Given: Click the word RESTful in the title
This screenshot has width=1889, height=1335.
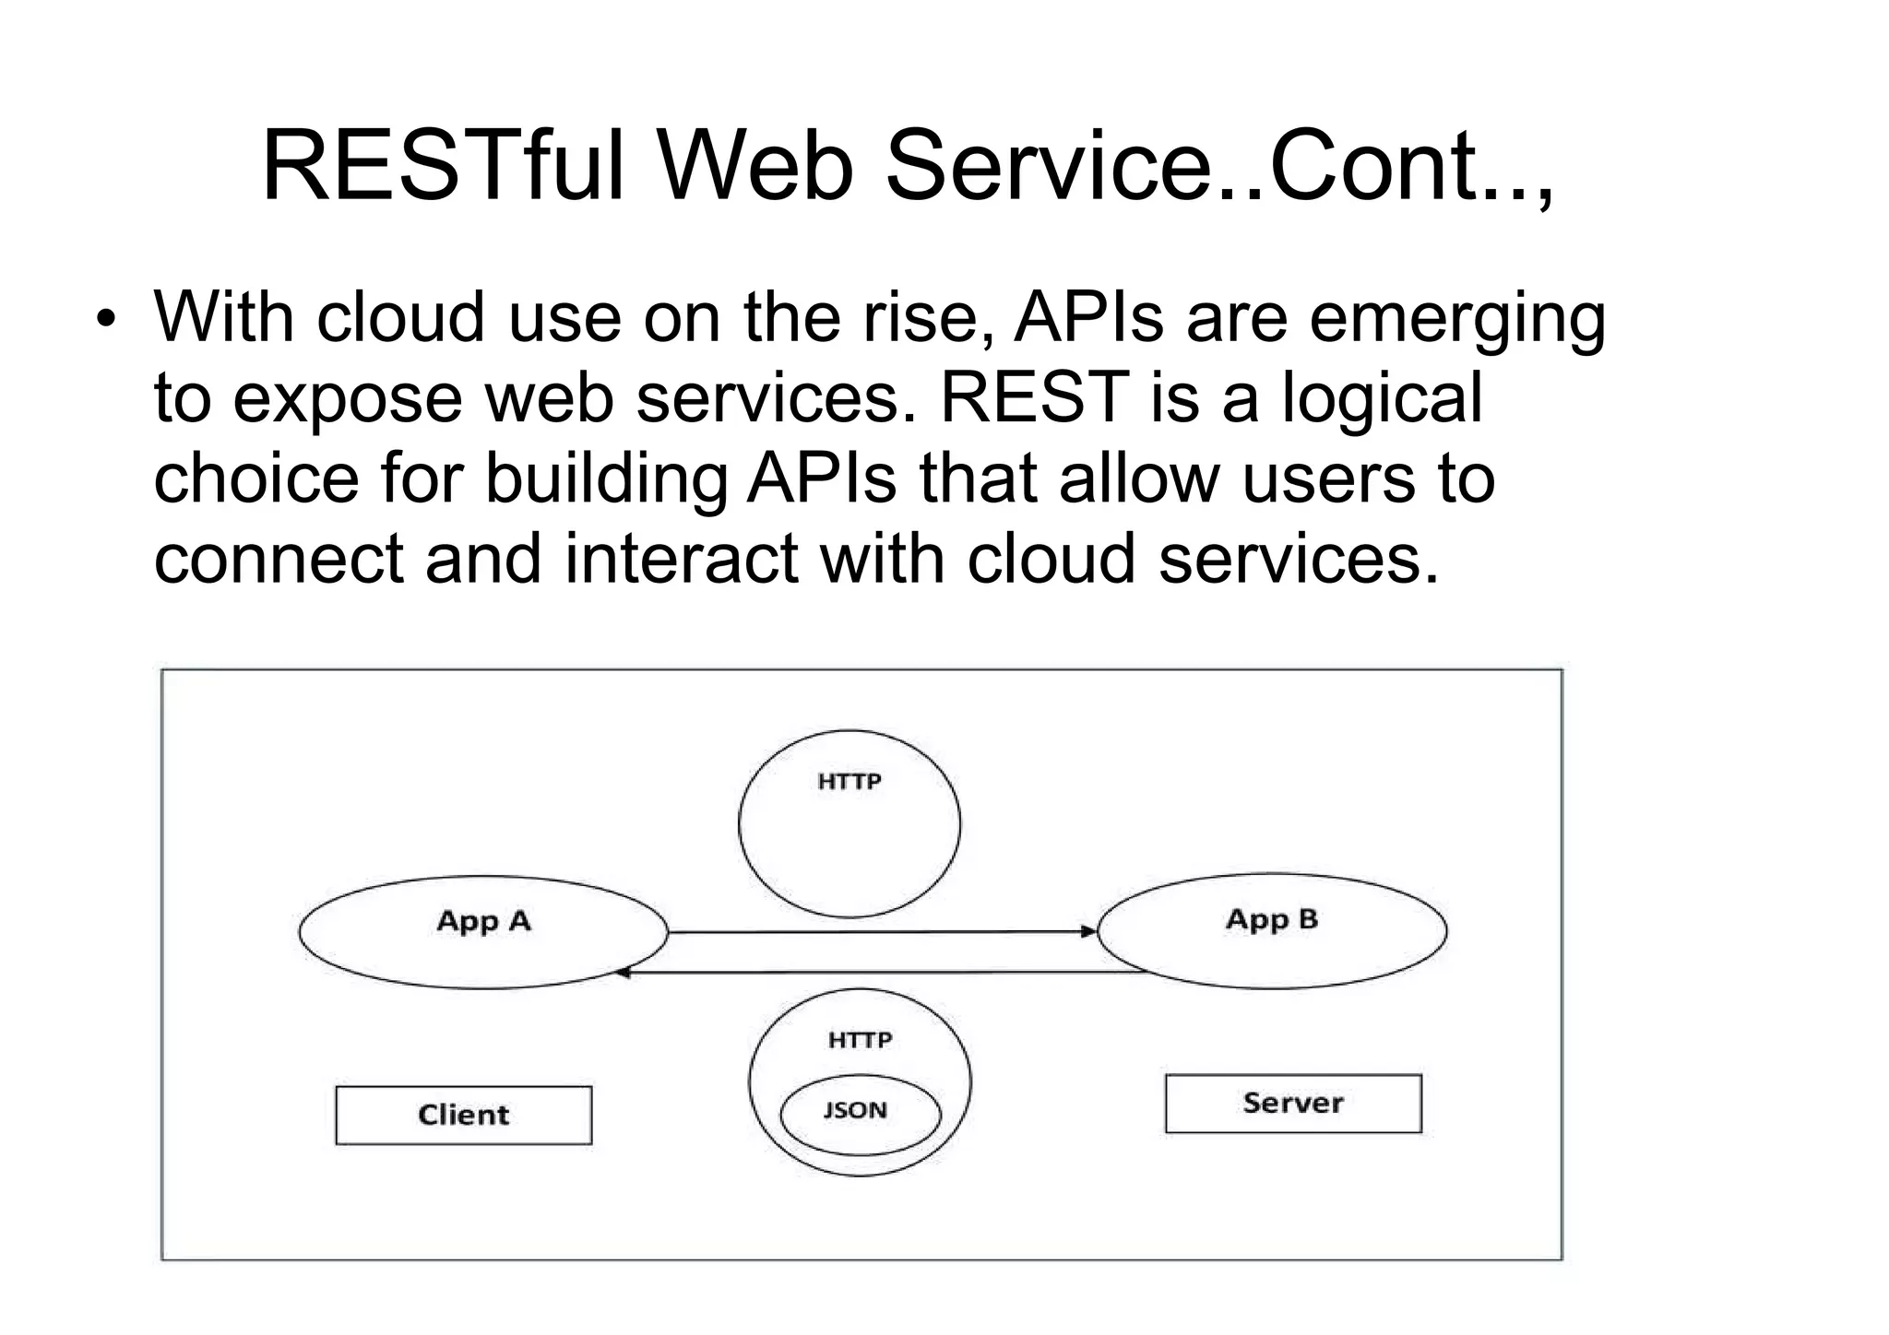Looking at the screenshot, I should click(x=443, y=166).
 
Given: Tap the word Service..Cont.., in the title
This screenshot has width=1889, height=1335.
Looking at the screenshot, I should click(x=1219, y=166).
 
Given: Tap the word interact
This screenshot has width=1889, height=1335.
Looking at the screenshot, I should click(x=681, y=559).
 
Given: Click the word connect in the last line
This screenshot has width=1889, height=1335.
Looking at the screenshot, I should click(x=279, y=559).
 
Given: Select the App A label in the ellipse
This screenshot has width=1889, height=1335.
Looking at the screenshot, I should click(x=483, y=921).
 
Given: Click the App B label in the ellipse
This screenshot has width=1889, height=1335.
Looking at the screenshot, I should click(x=1271, y=919).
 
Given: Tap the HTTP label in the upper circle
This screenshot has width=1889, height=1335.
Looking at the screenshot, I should click(x=849, y=782).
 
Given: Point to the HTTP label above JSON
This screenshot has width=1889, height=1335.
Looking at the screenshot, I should click(x=860, y=1040).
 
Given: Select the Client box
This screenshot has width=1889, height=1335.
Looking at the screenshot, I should click(x=463, y=1116).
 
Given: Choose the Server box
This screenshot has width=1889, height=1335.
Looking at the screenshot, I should click(x=1292, y=1104).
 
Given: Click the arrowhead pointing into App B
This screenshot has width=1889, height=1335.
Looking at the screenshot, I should click(x=1088, y=931).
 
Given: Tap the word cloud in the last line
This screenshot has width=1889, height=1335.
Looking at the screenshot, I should click(x=1050, y=559).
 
